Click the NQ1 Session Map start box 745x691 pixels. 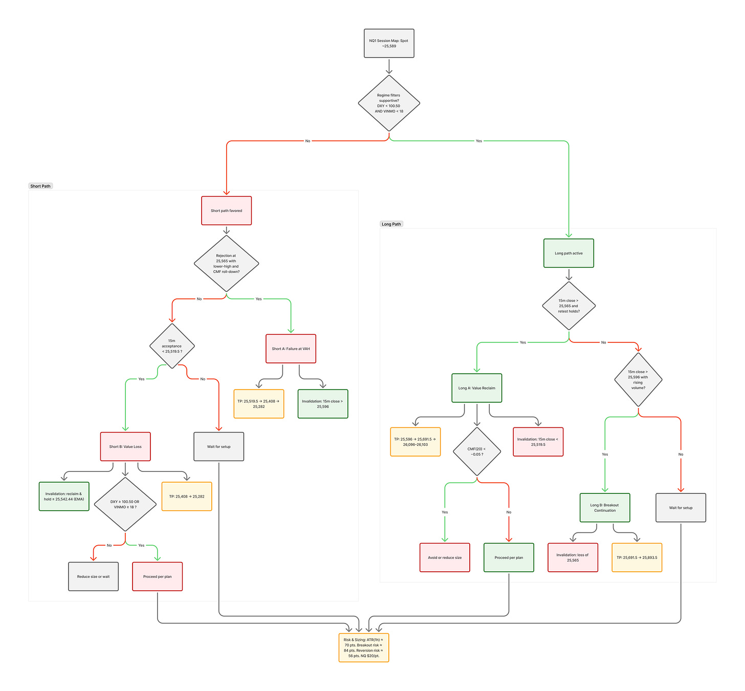(389, 44)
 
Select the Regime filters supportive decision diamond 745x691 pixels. (389, 103)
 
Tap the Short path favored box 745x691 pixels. (226, 210)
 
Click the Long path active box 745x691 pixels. (568, 253)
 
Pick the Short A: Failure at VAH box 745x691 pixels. (291, 349)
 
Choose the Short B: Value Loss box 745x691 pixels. (125, 446)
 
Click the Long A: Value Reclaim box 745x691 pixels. (476, 388)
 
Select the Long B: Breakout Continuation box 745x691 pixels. (605, 508)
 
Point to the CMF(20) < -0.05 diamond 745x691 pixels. (476, 451)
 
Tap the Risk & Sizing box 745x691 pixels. (363, 647)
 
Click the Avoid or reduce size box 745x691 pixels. (445, 557)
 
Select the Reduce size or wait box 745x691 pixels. (93, 576)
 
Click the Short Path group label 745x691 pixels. (40, 186)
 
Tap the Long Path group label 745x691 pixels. (391, 224)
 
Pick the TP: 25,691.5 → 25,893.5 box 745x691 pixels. (637, 557)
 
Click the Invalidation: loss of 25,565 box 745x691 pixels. (573, 557)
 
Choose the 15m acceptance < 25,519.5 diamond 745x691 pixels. (172, 346)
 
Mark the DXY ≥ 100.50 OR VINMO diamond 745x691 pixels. (125, 504)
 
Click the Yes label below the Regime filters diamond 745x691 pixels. (479, 141)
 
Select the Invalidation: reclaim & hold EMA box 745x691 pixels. (64, 496)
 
